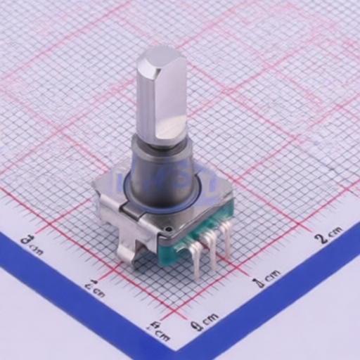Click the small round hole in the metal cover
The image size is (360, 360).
click(168, 230)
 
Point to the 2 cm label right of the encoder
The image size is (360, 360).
click(328, 235)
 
